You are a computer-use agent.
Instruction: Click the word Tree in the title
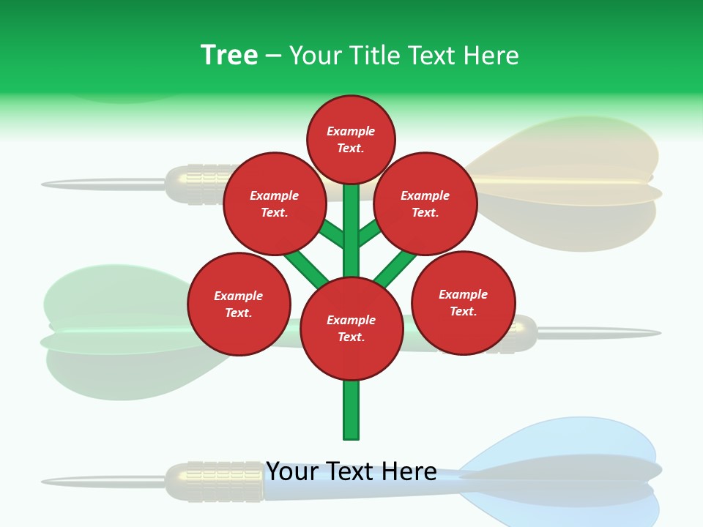[229, 55]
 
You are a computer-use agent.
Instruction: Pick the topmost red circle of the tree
[351, 139]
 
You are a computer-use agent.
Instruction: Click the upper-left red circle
[275, 203]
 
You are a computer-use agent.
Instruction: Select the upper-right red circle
[425, 203]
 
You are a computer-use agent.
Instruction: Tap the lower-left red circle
[239, 304]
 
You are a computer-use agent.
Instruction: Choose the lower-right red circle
[464, 302]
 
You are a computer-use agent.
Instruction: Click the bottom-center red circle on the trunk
[351, 329]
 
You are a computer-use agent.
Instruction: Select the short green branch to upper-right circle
[370, 233]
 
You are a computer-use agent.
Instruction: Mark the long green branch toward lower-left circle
[306, 268]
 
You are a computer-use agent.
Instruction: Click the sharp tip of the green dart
[655, 333]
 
